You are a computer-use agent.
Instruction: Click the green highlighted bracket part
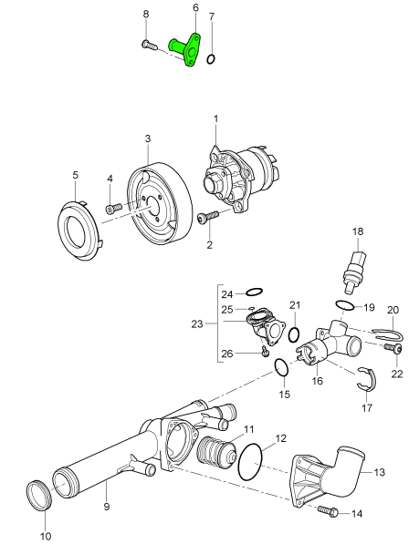(x=186, y=50)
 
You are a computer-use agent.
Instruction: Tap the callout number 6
(x=195, y=7)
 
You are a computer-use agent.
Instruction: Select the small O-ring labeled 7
(x=211, y=60)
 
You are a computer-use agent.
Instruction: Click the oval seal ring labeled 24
(x=256, y=293)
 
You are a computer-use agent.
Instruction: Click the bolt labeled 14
(x=327, y=513)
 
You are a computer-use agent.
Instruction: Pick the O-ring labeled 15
(x=283, y=367)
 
